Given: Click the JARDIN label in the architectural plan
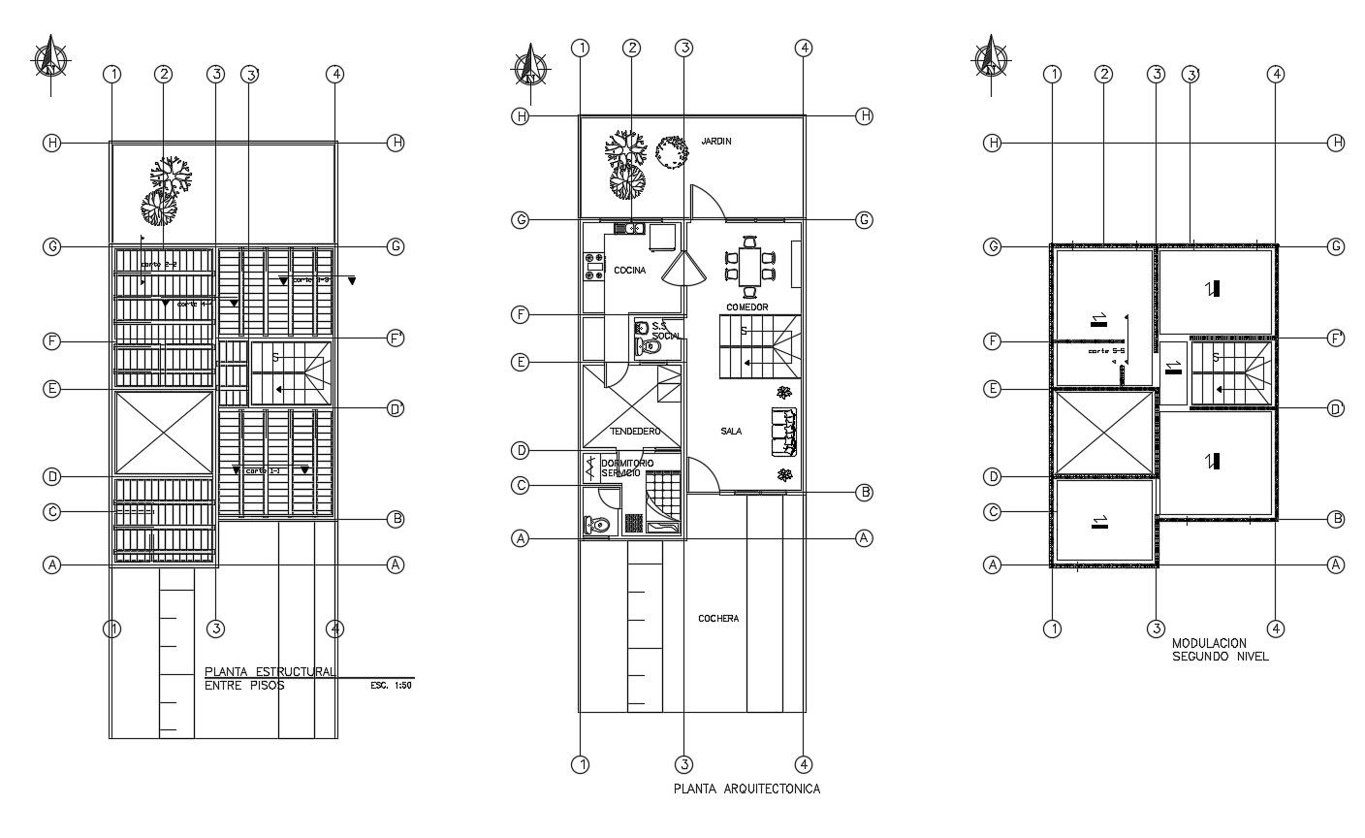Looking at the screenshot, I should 716,142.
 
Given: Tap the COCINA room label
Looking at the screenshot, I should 630,271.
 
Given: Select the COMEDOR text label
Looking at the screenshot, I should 746,307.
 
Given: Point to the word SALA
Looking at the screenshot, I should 731,431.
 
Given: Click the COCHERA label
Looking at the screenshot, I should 718,618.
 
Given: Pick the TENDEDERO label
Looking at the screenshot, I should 635,431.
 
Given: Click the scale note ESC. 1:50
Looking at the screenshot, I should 392,686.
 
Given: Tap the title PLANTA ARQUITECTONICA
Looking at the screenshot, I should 746,789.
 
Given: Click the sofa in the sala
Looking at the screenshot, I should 783,432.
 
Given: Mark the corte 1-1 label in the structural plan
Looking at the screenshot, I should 262,470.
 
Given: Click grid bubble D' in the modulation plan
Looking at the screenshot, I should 1338,408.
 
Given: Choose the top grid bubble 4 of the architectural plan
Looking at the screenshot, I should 804,48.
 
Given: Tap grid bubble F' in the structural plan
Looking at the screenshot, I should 396,338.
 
